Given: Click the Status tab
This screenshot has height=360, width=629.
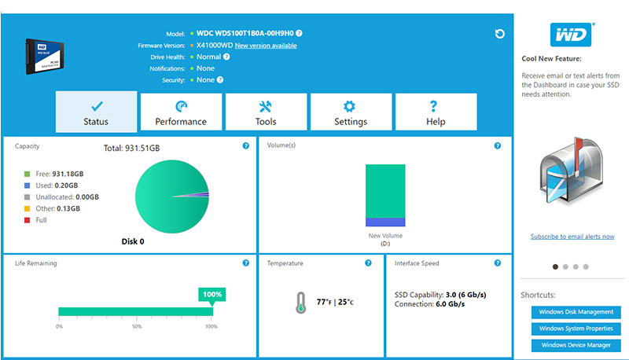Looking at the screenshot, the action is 96,112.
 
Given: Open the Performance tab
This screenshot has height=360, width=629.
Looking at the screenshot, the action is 181,112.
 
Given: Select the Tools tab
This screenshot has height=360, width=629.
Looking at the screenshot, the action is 266,112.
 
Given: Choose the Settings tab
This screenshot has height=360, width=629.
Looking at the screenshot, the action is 351,112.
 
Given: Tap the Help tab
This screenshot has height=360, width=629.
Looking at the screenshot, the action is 436,112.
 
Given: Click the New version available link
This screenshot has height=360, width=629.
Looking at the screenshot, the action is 266,46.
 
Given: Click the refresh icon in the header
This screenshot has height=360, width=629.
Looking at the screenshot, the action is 499,34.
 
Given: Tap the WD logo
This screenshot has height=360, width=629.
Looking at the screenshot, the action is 572,35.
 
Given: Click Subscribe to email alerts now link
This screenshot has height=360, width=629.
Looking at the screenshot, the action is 572,237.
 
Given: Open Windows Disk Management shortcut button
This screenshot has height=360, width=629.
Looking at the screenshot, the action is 576,312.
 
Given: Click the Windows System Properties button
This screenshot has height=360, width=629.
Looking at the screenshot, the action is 576,329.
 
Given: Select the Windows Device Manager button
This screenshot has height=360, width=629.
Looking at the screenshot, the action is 576,345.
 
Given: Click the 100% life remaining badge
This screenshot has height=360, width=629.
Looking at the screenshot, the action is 212,294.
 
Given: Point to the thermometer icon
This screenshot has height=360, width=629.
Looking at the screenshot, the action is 301,303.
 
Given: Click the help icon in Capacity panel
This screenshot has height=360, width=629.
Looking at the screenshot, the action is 246,146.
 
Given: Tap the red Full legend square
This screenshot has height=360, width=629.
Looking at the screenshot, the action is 28,220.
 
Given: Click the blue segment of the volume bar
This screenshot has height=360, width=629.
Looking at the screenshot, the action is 385,222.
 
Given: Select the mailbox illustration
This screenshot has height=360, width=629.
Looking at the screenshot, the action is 572,171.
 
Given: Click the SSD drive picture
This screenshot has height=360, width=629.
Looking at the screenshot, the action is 44,56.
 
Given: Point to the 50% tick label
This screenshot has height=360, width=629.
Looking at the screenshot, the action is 137,327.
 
